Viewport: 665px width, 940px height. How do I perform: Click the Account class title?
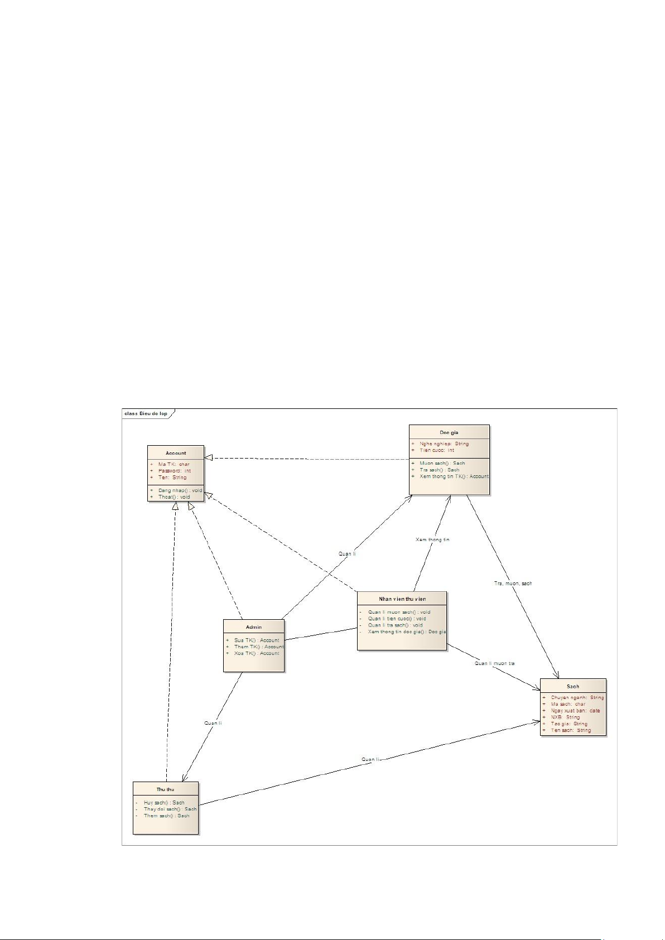click(x=176, y=453)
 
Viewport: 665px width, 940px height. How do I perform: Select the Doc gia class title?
click(x=449, y=432)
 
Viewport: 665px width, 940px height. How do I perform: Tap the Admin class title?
click(x=254, y=627)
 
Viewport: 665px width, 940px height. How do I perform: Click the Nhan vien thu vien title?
click(x=402, y=599)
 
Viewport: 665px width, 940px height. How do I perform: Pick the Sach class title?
click(x=573, y=687)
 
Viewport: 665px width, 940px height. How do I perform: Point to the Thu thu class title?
click(x=165, y=789)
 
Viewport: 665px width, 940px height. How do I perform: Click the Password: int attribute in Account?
click(x=174, y=471)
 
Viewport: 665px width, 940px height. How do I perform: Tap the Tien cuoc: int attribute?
click(x=437, y=450)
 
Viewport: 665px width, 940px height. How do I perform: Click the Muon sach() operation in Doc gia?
click(x=442, y=463)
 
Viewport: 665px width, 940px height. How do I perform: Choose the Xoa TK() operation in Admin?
click(x=256, y=653)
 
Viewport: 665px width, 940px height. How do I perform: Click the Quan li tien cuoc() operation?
click(x=397, y=619)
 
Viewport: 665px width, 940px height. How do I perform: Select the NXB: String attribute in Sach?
click(x=565, y=717)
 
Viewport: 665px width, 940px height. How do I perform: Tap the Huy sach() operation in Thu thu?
click(x=163, y=803)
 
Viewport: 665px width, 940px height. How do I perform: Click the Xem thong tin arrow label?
click(x=432, y=539)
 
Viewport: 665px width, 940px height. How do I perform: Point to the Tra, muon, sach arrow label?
click(x=513, y=584)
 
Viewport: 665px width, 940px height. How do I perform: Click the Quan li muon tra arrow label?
click(x=494, y=663)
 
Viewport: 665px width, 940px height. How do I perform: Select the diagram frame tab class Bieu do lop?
click(x=146, y=413)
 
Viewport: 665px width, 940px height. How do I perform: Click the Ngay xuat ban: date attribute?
click(x=575, y=711)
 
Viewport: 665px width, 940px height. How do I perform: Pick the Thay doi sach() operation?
click(x=170, y=809)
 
